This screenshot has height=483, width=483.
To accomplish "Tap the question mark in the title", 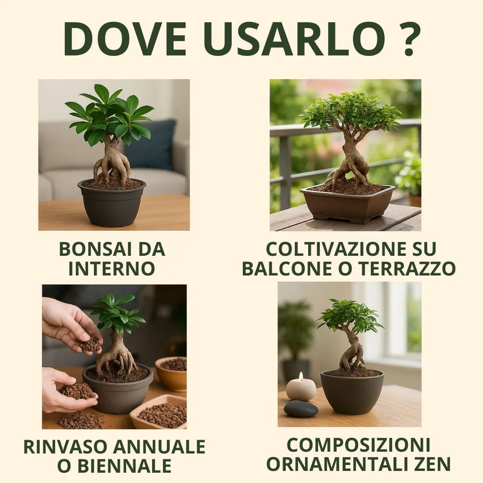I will point(408,39).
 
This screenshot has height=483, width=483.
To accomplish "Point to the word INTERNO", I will point(112,269).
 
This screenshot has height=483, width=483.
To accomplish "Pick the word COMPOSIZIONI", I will point(358,445).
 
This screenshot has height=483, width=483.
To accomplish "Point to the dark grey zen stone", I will point(301,409).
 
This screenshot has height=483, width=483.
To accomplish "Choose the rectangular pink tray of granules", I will point(159,412).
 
